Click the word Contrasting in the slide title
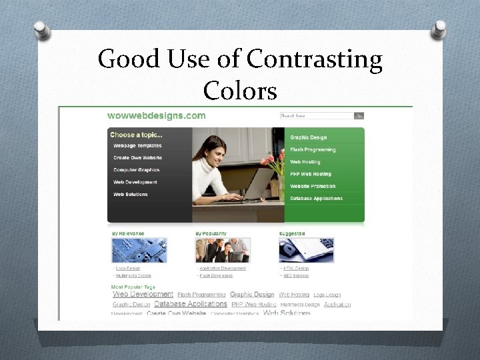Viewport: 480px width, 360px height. [x=314, y=60]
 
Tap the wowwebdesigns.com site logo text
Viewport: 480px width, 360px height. [x=157, y=115]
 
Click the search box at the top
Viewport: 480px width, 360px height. [x=317, y=115]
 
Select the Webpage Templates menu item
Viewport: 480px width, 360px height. [x=137, y=145]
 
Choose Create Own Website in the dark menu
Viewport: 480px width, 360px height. [x=137, y=157]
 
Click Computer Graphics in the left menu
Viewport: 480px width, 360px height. [x=137, y=170]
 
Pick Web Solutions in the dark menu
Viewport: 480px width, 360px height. [x=131, y=194]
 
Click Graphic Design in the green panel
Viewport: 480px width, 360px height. [x=308, y=137]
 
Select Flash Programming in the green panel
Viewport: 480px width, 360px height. [x=313, y=149]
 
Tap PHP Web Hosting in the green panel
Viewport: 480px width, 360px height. [x=310, y=174]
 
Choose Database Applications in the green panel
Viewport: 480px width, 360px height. [x=316, y=198]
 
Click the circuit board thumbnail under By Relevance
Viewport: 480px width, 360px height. [x=139, y=250]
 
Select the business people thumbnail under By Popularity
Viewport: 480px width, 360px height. [x=223, y=250]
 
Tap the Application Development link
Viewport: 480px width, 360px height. [x=223, y=268]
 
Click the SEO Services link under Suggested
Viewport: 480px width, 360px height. [x=296, y=275]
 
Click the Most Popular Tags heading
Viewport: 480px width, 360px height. [x=133, y=287]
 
